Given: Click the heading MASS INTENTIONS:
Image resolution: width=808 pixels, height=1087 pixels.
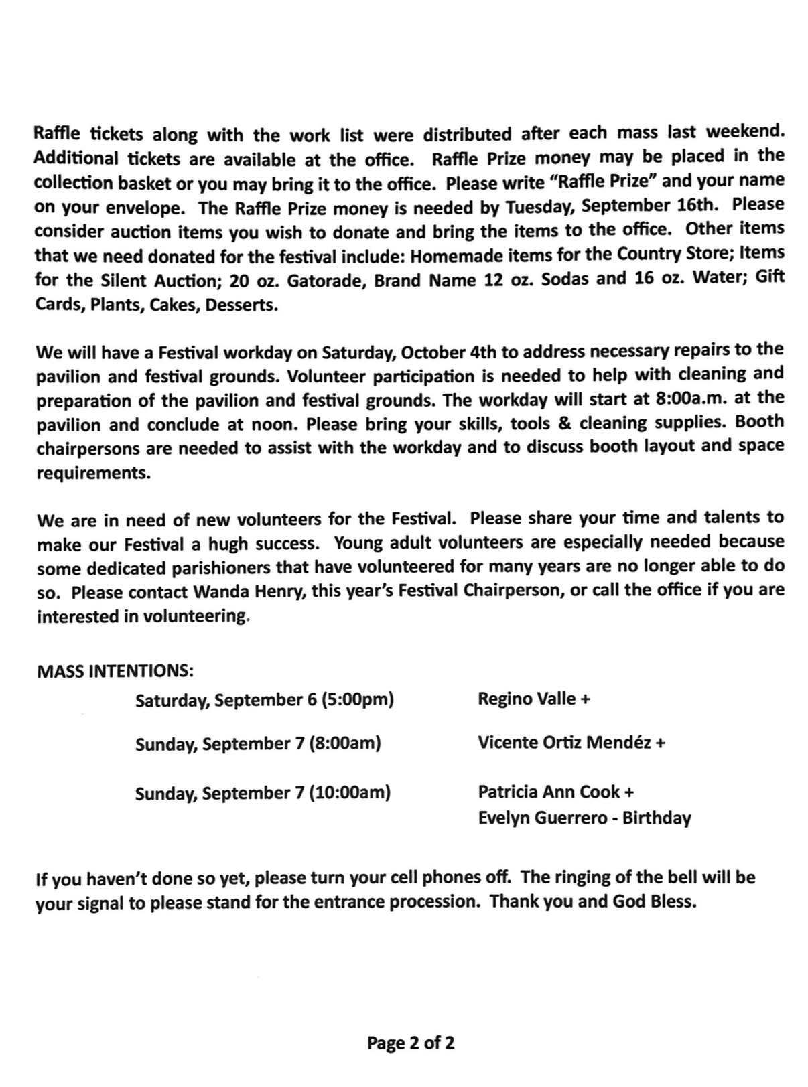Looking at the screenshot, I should (115, 670).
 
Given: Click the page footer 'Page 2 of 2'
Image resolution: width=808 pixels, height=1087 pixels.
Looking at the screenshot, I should (411, 1042).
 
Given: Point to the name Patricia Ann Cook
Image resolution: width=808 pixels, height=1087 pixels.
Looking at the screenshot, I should (549, 792).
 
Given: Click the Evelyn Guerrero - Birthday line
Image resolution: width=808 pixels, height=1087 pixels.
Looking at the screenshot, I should (584, 818).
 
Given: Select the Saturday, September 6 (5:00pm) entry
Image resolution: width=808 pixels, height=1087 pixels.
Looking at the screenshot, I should (264, 700).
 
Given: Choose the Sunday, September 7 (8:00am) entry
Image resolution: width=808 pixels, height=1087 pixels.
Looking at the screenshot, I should (258, 743).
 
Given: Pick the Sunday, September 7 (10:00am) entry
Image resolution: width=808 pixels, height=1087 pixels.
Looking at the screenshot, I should (263, 793).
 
